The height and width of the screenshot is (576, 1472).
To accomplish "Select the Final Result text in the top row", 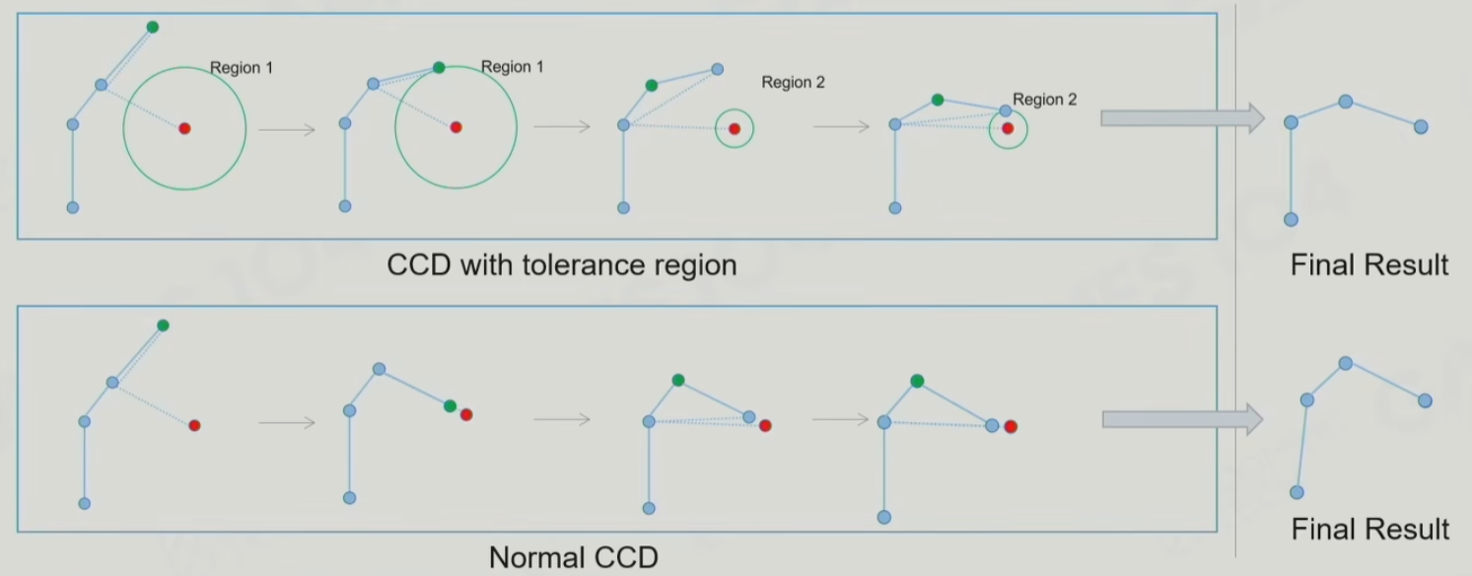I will [x=1369, y=264].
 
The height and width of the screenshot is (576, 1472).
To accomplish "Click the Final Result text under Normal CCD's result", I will [x=1369, y=529].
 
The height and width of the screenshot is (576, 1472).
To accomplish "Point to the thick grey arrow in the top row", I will [x=1181, y=118].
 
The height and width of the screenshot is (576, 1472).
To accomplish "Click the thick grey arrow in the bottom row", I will [x=1181, y=419].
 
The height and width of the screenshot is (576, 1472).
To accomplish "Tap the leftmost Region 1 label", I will [x=242, y=68].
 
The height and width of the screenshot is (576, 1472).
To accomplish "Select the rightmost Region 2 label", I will [x=1044, y=100].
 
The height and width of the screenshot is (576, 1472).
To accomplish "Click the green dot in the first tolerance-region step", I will [x=152, y=27].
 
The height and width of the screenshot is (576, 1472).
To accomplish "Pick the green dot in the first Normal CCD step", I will [x=163, y=325].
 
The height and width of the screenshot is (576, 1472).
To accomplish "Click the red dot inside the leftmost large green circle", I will [x=184, y=128].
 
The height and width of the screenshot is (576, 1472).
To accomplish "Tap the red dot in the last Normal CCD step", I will [x=1011, y=426].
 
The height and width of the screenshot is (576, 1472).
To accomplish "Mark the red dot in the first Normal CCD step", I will [x=194, y=425].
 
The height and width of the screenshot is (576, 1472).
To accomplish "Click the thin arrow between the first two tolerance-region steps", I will [x=286, y=129].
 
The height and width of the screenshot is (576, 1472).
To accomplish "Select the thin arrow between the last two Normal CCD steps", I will [x=839, y=419].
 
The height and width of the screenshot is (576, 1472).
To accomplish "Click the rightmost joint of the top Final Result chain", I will [x=1421, y=127].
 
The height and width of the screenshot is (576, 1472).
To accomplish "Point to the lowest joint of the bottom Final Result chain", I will [x=1297, y=492].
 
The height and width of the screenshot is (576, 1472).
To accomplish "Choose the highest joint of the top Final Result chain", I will [x=1345, y=102].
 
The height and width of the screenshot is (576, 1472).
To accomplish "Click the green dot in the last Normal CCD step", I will [x=917, y=380].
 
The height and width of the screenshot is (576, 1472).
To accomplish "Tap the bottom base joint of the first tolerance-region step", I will [x=72, y=207].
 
